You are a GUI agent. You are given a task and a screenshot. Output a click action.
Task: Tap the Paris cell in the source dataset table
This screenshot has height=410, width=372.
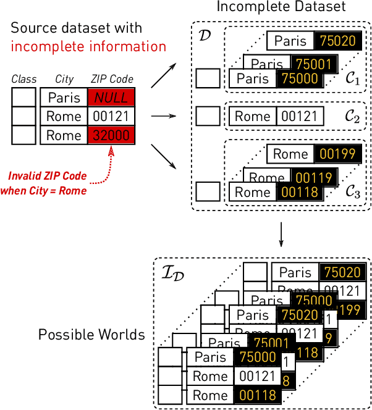coord(64,98)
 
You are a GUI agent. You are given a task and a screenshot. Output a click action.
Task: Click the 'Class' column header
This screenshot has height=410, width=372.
coord(24,79)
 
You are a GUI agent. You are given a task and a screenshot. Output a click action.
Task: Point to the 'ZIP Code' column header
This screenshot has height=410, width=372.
coord(112,79)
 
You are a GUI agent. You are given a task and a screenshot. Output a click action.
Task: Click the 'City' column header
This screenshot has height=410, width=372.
coord(64,79)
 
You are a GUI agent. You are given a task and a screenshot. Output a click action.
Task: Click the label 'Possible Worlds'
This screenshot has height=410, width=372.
coord(91,335)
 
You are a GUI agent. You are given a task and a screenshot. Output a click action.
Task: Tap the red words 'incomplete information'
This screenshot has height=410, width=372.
coord(88,46)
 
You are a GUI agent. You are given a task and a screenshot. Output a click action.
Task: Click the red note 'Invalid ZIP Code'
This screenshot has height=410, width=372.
coord(47,177)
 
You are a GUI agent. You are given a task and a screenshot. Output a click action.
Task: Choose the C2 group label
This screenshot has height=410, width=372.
coord(353,116)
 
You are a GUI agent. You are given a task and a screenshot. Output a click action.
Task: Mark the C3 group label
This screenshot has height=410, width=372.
coord(353,193)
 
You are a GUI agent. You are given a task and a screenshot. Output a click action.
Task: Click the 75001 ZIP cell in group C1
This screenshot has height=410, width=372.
coord(315,64)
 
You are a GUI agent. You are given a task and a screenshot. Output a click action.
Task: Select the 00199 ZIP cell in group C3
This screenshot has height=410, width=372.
coord(335,154)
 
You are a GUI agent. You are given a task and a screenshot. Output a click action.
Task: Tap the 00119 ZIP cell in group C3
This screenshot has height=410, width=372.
coord(315,178)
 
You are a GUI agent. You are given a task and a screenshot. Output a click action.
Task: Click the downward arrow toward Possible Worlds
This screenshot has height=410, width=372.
coord(281,235)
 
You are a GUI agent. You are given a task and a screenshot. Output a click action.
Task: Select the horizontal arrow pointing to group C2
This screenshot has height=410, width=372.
coord(160,115)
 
